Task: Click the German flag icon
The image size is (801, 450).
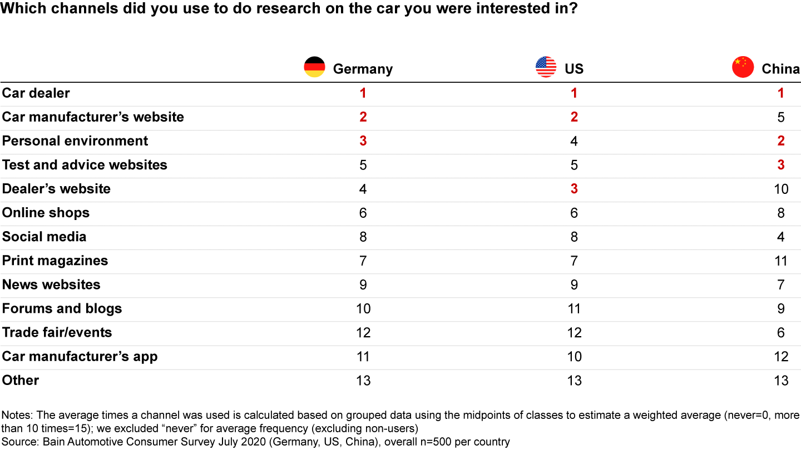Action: coord(314,67)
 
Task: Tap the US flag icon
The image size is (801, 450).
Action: coord(546,67)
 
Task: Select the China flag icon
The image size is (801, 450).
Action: coord(743,67)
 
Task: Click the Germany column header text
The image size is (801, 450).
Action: coord(363,69)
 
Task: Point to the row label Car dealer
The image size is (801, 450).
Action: coord(36,93)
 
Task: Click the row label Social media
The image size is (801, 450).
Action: coord(44,237)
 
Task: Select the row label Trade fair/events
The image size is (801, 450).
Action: coord(57,332)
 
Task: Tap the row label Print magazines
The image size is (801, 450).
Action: coord(55,261)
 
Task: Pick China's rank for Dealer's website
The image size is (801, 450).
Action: coord(781,189)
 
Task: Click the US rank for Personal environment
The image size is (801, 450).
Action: coord(574,141)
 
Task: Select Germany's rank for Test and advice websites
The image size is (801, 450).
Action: coord(363,165)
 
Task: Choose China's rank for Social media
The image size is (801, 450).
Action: coord(781,237)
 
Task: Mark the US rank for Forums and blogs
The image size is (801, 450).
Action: coord(574,308)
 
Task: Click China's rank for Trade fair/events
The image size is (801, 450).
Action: coord(781,332)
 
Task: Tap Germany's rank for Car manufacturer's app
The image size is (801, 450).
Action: coord(363,356)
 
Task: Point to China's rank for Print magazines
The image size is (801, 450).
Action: coord(781,261)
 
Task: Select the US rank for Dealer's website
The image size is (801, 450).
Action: coord(574,189)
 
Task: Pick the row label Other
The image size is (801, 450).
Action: coord(21,380)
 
